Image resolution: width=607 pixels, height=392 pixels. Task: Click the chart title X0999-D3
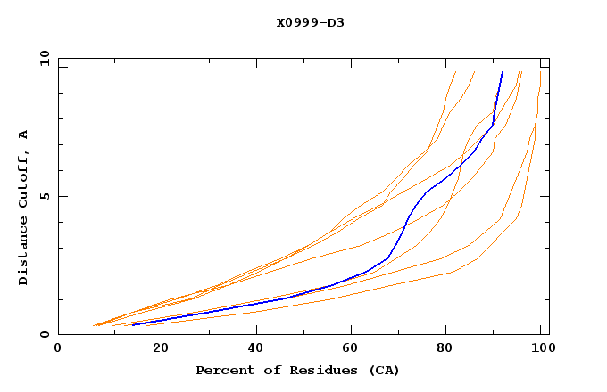[x=310, y=22]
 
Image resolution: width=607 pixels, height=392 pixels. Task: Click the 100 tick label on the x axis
[x=540, y=348]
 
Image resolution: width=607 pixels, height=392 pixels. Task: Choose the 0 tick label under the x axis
[x=58, y=348]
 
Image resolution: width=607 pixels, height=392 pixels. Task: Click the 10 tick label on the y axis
[x=41, y=58]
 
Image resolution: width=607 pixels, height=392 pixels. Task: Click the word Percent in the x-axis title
[x=221, y=370]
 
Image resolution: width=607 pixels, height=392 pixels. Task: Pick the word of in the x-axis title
[x=265, y=370]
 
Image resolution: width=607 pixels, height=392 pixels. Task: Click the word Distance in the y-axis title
[x=23, y=255]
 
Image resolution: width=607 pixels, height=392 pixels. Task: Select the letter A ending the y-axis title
[x=23, y=135]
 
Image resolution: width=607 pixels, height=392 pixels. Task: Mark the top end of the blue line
[x=503, y=72]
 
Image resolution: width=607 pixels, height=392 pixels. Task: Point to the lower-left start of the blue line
[x=132, y=324]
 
